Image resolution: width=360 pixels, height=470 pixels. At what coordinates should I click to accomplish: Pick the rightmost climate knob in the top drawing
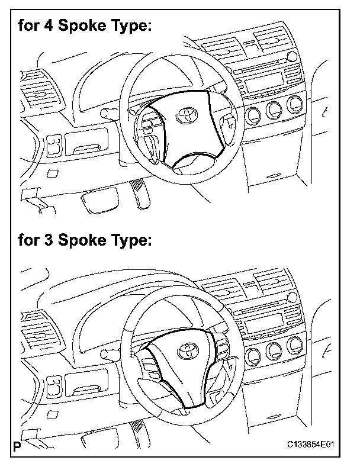(294, 105)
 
